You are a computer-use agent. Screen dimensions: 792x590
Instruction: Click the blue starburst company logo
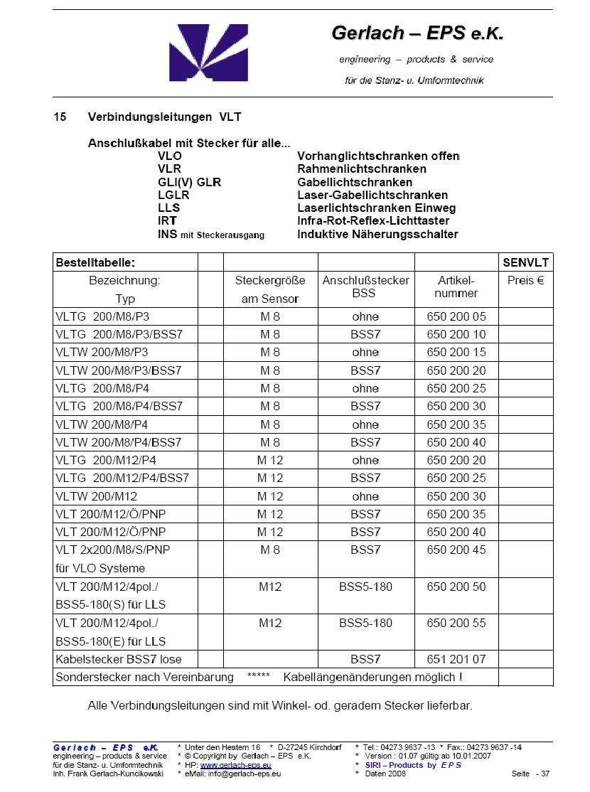(x=208, y=53)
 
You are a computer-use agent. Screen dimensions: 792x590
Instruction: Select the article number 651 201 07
(x=456, y=659)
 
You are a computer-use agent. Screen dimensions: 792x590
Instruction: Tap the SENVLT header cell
(x=526, y=262)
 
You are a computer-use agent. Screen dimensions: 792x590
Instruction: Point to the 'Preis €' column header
(x=526, y=281)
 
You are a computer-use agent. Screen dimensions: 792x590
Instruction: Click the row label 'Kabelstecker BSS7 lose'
(x=117, y=659)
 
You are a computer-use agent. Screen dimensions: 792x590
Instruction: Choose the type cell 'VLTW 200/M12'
(x=97, y=496)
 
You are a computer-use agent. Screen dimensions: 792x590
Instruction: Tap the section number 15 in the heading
(x=60, y=117)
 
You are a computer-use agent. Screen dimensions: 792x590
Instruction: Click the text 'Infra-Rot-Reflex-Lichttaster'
(x=373, y=221)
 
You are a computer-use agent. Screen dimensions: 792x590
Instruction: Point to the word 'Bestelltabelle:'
(x=95, y=262)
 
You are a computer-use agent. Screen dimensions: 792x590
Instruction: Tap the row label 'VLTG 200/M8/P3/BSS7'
(x=119, y=334)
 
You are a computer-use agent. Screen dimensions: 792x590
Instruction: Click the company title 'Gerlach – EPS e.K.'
(x=417, y=33)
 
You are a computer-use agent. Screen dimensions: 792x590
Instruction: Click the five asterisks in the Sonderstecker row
(x=258, y=677)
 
